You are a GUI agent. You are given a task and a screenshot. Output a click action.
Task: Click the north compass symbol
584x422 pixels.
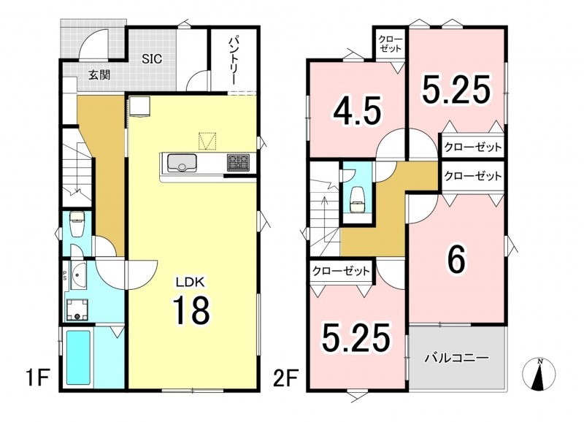pos(539,375)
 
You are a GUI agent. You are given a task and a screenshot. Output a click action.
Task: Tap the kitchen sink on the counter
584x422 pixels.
pos(183,163)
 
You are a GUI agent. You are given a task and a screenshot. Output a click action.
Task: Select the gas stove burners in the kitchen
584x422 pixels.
pos(239,163)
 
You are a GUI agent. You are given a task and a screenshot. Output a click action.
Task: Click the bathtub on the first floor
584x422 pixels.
pos(78,358)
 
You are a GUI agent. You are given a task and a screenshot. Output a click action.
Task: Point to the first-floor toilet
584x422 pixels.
pos(77,224)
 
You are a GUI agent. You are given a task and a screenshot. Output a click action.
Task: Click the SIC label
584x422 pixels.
pos(152,59)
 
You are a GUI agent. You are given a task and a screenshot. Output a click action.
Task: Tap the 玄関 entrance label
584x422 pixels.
pos(99,76)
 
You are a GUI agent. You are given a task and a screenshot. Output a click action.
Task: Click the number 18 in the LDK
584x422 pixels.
pos(191,310)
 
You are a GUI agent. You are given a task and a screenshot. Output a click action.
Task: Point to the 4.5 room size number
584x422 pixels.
pos(357,111)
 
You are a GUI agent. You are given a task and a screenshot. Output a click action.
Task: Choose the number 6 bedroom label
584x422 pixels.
pos(457,260)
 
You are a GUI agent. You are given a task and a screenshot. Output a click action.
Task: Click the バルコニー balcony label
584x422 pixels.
pos(457,358)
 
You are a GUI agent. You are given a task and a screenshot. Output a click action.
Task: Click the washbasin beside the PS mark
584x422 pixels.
pos(77,276)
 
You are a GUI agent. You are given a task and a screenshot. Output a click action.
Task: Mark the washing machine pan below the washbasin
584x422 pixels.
pos(77,310)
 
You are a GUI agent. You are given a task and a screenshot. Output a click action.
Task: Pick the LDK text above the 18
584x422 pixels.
pos(191,282)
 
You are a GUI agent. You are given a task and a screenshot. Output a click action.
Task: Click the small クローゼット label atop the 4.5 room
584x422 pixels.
pos(391,44)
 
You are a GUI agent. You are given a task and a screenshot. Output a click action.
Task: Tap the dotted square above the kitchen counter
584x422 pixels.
pos(207,141)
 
